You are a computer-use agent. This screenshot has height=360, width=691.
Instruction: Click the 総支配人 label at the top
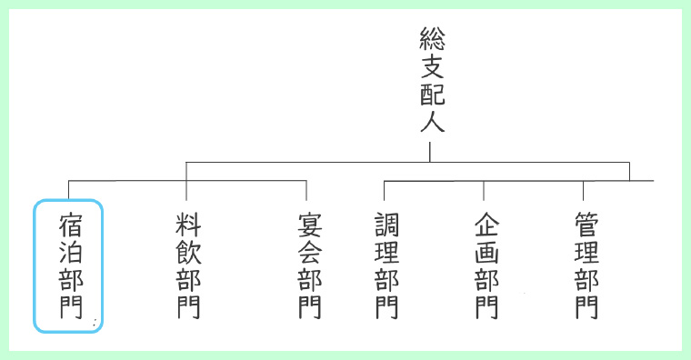click(431, 80)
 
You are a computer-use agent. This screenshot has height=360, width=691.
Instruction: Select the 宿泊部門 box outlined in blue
click(69, 265)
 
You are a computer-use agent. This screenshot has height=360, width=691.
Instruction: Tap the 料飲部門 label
click(187, 265)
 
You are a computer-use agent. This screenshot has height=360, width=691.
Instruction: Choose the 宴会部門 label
click(309, 265)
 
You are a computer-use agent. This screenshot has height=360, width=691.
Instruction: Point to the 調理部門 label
click(386, 265)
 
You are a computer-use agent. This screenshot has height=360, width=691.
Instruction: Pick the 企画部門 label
click(486, 265)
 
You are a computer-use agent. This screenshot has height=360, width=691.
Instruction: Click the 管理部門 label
click(586, 265)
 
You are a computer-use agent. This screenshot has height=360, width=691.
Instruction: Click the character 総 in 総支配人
click(431, 38)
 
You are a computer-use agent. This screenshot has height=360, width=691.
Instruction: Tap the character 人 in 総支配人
click(431, 122)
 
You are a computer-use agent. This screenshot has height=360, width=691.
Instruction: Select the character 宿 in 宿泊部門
click(69, 224)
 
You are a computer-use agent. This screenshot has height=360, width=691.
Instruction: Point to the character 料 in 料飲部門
click(187, 224)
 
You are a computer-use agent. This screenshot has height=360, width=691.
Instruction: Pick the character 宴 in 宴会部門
click(309, 224)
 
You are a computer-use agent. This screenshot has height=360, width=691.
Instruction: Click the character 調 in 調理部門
click(386, 224)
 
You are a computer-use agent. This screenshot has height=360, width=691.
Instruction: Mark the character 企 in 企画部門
click(486, 224)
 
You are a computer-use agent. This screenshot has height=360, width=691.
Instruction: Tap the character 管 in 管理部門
click(586, 224)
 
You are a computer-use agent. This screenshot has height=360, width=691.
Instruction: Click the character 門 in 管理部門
click(586, 306)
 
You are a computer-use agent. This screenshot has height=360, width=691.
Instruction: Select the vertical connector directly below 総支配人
click(430, 150)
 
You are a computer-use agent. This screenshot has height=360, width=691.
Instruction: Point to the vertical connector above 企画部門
click(483, 191)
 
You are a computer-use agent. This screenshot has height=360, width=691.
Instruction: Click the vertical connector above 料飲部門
click(186, 181)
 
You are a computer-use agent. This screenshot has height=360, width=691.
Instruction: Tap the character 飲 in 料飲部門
click(187, 251)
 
